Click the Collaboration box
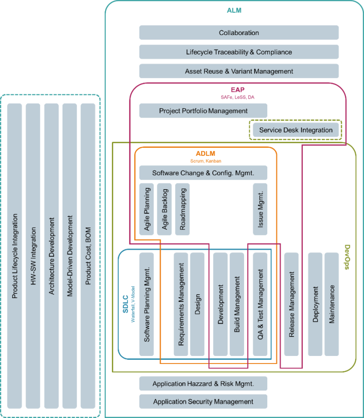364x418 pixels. click(239, 33)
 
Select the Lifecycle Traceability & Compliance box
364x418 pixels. click(239, 52)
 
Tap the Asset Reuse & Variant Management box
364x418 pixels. click(239, 71)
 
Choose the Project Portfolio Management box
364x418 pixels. click(203, 111)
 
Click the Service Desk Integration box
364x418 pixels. click(296, 130)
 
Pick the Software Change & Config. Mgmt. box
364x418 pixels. click(203, 173)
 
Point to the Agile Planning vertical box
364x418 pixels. click(146, 209)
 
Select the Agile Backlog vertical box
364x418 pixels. click(164, 209)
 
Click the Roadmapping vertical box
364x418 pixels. click(182, 209)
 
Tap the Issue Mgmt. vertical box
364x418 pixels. click(260, 209)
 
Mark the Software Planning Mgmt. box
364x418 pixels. click(146, 304)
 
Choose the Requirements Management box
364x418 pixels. click(181, 304)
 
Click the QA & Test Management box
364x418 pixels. click(260, 304)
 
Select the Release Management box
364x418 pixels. click(291, 304)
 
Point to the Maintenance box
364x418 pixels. click(332, 304)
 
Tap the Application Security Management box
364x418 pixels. click(203, 402)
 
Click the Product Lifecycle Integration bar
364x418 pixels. click(15, 256)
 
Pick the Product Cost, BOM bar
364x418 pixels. click(88, 256)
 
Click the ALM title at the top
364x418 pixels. click(234, 10)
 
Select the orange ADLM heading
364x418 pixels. click(205, 154)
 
